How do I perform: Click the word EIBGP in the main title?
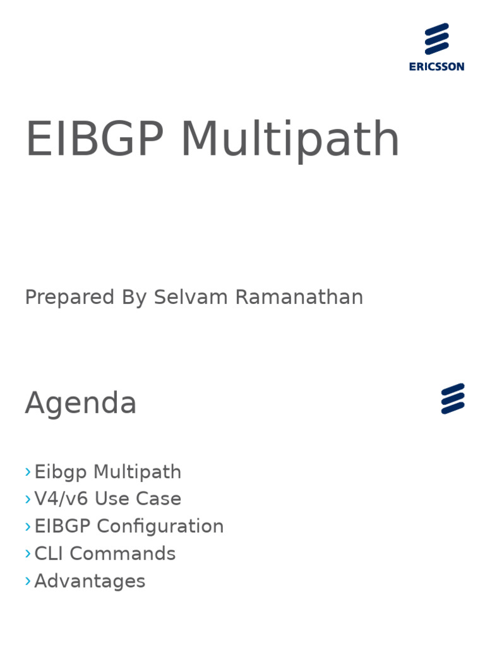coord(94,140)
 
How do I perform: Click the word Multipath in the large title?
coord(290,140)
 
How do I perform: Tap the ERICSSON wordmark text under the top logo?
coord(436,66)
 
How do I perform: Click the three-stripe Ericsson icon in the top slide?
coord(436,39)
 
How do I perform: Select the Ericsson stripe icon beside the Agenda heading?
coord(453,399)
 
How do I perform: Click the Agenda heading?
coord(81,403)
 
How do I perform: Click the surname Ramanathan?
coord(299,297)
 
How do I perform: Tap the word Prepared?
coord(69,297)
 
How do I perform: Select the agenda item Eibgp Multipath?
coord(107,472)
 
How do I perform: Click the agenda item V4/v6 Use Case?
coord(107,499)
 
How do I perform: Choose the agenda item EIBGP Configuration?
coord(129,526)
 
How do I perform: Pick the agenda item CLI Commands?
coord(105,553)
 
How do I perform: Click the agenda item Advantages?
coord(90,581)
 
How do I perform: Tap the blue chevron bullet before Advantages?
coord(28,581)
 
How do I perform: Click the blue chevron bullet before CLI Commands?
coord(28,553)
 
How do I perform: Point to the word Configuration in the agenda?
coord(160,526)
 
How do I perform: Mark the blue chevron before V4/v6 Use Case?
coord(28,499)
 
